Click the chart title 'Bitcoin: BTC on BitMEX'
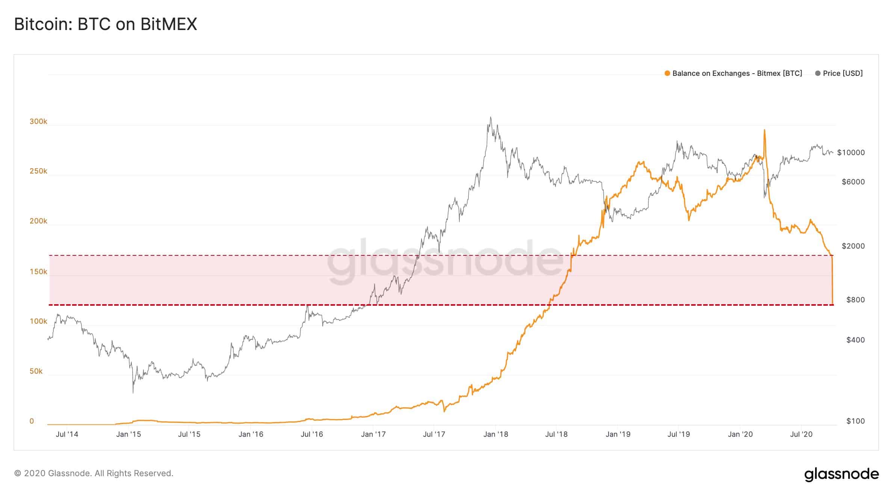click(x=106, y=24)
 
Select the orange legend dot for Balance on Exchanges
click(x=667, y=74)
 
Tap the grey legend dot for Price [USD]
click(x=817, y=74)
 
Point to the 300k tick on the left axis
click(x=38, y=122)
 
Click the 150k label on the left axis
click(x=38, y=272)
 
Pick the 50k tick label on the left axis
click(x=36, y=371)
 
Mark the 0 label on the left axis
click(x=32, y=421)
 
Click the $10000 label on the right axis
click(x=851, y=152)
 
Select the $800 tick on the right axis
click(x=855, y=300)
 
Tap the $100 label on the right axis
click(x=855, y=421)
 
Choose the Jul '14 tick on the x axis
click(x=67, y=435)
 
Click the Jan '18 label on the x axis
click(x=495, y=435)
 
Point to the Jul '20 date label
click(x=801, y=435)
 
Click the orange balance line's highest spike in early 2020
click(x=764, y=130)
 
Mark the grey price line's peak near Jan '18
click(x=490, y=117)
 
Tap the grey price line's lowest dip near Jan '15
click(x=133, y=393)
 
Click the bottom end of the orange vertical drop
click(x=833, y=304)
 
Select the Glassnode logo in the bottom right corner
click(x=841, y=474)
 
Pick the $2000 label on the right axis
click(x=853, y=246)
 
